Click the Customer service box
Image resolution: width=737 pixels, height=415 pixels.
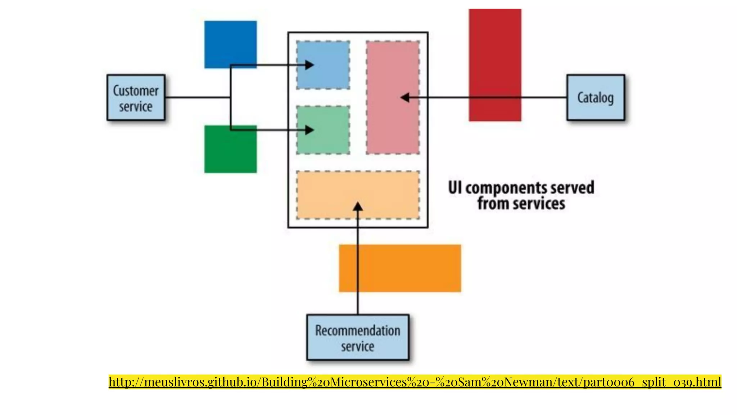point(136,97)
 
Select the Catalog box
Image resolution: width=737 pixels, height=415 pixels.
point(596,97)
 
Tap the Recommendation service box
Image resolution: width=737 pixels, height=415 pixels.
point(358,338)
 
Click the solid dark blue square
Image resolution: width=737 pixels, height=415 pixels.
point(230,40)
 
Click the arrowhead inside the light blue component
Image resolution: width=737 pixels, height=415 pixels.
point(309,65)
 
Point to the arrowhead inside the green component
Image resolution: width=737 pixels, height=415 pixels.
point(309,130)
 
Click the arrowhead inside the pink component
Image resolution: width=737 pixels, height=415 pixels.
point(405,97)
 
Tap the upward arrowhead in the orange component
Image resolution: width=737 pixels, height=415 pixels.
point(358,207)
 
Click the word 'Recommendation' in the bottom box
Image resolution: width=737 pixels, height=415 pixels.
point(358,330)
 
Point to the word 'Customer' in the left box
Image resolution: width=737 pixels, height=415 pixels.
point(136,91)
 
